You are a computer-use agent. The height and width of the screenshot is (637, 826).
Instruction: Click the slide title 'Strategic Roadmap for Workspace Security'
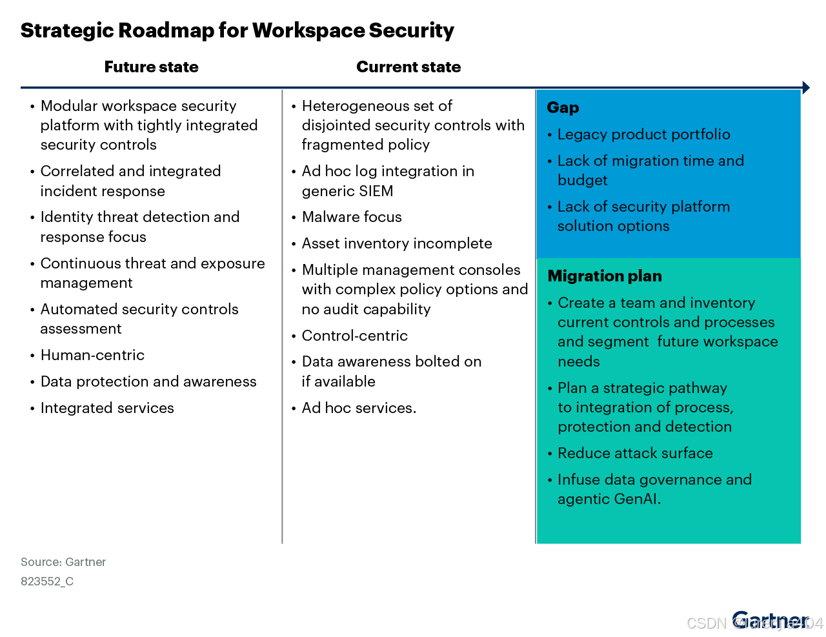237,30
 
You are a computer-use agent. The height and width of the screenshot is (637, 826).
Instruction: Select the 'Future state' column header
151,67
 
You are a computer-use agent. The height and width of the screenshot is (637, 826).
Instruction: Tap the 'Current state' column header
408,67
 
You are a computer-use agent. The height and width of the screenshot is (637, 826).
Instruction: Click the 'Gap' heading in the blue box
563,108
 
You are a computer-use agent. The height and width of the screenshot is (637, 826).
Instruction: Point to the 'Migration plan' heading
605,276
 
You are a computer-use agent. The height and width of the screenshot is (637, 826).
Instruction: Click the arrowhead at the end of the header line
806,88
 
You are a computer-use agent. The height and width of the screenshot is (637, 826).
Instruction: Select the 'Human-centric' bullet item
92,355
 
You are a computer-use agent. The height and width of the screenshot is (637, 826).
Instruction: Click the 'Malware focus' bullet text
352,217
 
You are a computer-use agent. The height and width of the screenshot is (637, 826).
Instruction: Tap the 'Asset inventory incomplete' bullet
397,243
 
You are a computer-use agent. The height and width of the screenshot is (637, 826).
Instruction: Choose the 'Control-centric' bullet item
355,336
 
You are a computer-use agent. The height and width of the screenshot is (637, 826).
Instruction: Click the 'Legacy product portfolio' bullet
643,134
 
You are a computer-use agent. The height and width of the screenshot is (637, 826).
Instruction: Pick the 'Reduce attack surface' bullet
635,453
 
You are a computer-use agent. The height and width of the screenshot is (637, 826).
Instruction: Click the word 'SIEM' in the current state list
376,191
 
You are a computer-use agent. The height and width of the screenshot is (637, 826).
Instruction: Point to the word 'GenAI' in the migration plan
636,499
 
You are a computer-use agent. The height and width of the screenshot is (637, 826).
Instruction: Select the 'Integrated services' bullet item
107,408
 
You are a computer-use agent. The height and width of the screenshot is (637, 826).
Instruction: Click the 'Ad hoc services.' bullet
359,408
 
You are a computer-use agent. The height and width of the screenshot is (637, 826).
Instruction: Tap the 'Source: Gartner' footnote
63,562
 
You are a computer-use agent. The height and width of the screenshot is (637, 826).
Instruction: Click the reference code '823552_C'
47,581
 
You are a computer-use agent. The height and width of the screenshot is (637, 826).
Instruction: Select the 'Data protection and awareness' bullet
148,381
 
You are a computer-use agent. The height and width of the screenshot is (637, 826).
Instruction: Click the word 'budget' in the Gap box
582,180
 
